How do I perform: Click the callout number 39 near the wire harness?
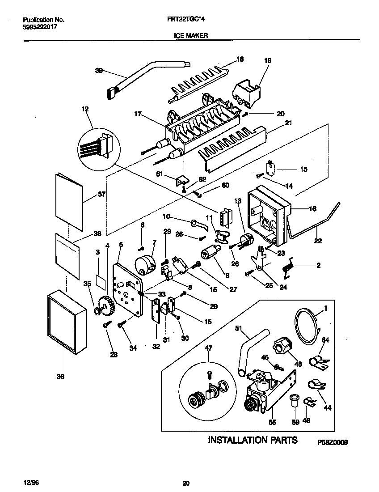pos(99,70)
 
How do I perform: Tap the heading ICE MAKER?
pos(190,35)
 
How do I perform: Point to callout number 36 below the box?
pos(60,377)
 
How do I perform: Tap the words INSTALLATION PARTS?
pos(253,440)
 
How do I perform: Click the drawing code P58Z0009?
pos(333,442)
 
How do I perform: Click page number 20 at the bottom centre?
pos(186,483)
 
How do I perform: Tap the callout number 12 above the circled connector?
pos(85,109)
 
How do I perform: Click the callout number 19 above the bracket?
pos(268,60)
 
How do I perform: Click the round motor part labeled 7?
pos(145,264)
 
